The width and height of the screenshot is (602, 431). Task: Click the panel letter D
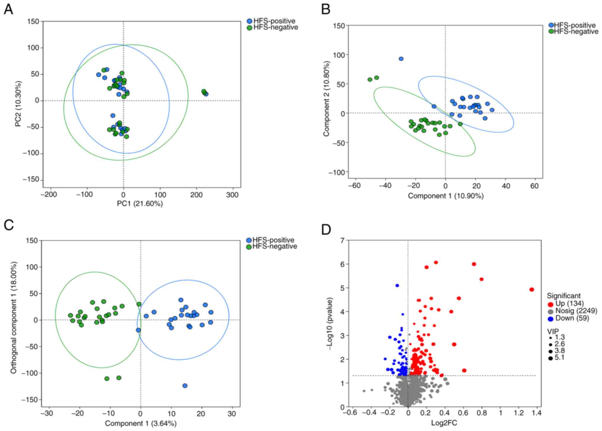click(x=326, y=230)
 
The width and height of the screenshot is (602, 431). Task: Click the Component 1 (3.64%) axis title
click(x=141, y=423)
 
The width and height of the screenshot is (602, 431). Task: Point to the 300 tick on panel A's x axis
click(x=232, y=195)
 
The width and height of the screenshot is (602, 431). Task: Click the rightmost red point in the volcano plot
click(x=531, y=290)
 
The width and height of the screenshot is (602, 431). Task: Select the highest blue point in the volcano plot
click(x=397, y=285)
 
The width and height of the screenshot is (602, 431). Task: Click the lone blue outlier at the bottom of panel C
click(x=185, y=386)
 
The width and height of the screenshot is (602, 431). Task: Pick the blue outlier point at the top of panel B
click(x=401, y=59)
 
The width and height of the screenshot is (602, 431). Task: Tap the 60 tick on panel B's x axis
click(x=535, y=186)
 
